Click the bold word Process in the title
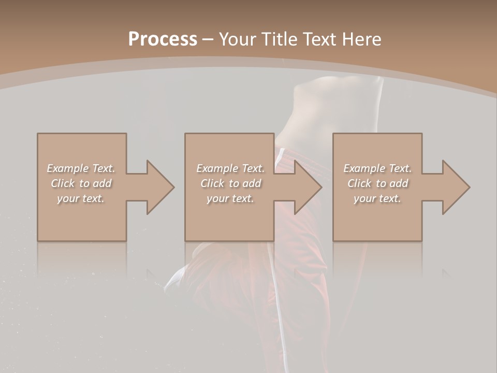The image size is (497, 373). tap(163, 39)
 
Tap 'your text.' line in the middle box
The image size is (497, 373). tap(230, 198)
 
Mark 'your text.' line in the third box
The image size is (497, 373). tap(377, 198)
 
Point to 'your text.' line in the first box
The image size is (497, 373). tap(81, 198)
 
